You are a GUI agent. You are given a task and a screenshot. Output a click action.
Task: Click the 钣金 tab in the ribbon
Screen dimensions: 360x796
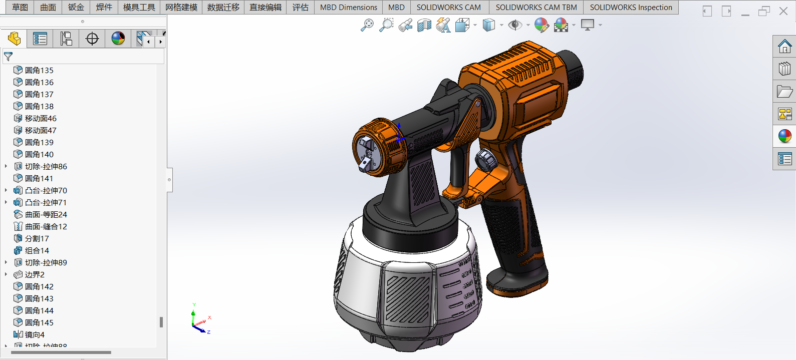coord(76,8)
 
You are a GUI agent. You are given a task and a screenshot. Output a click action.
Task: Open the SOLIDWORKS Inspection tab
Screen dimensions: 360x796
coord(631,8)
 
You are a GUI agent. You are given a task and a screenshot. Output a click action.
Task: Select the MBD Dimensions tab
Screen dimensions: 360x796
coord(348,8)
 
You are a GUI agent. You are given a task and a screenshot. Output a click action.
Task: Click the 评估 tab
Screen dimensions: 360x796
coord(300,8)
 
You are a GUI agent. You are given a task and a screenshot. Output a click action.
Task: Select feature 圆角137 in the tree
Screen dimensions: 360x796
coord(39,94)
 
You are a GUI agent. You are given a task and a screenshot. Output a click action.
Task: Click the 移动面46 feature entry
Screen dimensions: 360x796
coord(41,118)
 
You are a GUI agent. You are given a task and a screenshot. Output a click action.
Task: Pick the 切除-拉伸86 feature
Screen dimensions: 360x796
coord(46,166)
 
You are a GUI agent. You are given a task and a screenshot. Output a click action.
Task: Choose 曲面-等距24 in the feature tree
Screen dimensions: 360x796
coord(46,214)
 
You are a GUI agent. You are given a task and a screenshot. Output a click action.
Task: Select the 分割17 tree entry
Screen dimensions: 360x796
coord(37,238)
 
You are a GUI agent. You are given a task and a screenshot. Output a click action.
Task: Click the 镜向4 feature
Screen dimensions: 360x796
coord(35,334)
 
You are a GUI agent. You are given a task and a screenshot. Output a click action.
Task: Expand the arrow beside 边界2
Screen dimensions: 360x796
coord(6,274)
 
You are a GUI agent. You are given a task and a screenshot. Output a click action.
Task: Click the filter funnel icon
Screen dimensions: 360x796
coord(9,57)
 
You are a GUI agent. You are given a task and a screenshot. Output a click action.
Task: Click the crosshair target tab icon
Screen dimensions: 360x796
coord(92,39)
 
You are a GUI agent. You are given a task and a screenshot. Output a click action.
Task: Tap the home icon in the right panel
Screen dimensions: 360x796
coord(784,47)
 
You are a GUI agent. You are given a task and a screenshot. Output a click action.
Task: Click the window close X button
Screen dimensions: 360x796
coord(783,11)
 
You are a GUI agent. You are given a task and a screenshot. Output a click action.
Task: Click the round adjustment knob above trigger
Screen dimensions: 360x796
coord(485,160)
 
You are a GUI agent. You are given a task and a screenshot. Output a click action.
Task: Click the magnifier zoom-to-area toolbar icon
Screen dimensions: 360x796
coord(386,25)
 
